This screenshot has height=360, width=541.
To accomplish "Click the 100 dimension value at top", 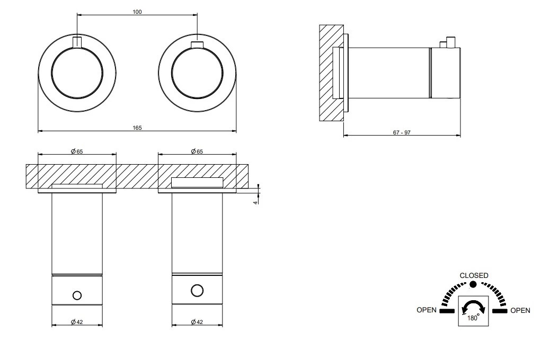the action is (x=137, y=12).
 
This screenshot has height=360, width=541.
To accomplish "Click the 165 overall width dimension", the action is (x=137, y=128).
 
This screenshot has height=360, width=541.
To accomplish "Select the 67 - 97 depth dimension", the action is (x=402, y=132).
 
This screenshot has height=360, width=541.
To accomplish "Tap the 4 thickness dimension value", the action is (x=255, y=203).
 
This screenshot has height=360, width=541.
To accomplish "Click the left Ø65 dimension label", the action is (x=77, y=151).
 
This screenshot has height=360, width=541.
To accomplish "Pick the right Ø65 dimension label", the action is (x=197, y=151).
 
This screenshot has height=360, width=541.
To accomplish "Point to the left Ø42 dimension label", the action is (x=77, y=322).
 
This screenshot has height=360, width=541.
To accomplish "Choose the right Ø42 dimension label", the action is (x=197, y=322).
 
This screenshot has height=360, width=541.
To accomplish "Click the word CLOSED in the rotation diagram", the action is (x=474, y=275).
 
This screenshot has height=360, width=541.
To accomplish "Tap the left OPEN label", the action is (x=427, y=310).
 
